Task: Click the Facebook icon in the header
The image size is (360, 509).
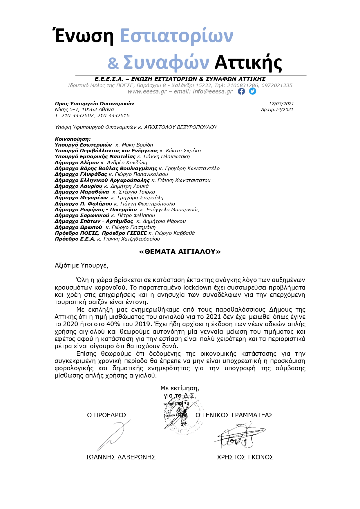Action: [x=241, y=91]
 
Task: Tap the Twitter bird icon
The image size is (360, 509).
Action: [x=253, y=91]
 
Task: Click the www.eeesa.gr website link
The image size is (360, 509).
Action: [x=147, y=92]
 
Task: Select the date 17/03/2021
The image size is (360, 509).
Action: [x=281, y=104]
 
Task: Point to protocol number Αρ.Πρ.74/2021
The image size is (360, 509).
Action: [x=277, y=110]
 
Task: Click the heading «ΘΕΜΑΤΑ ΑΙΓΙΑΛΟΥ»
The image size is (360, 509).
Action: [x=180, y=252]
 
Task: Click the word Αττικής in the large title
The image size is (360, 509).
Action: [x=248, y=62]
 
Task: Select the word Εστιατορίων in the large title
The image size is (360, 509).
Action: [x=176, y=36]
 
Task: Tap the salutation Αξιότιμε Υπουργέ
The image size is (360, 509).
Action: [x=82, y=265]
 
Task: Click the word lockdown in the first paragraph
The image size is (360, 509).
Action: [x=197, y=288]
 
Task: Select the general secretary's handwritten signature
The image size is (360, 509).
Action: [x=239, y=435]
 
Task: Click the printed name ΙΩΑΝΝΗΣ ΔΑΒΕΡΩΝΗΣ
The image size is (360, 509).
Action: [x=121, y=457]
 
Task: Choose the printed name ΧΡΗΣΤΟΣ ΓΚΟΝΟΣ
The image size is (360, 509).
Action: [x=245, y=457]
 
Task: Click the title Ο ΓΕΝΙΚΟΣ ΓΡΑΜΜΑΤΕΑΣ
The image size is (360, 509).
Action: [x=234, y=415]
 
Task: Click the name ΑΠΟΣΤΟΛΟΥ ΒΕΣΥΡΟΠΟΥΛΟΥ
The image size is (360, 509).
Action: [x=180, y=127]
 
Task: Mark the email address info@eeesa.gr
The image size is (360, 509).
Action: [x=213, y=92]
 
